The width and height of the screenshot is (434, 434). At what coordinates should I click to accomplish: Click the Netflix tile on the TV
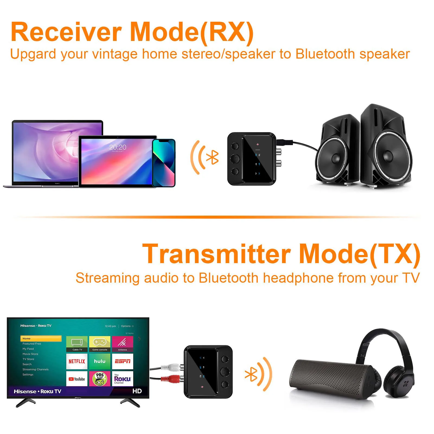(x=77, y=361)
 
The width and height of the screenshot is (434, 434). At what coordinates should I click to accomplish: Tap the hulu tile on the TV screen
(x=100, y=361)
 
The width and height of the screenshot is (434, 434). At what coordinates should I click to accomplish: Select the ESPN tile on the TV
(x=123, y=361)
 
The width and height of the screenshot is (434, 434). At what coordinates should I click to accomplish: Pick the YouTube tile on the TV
(x=77, y=379)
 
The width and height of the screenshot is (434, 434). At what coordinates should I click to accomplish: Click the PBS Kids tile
(x=100, y=379)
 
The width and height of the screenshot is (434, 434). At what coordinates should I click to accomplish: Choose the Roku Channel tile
(x=123, y=379)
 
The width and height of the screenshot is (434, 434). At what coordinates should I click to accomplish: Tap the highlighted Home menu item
(x=41, y=339)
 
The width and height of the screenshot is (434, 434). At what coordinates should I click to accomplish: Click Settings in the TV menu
(x=28, y=375)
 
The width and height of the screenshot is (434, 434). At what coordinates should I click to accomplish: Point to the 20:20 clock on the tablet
(x=118, y=147)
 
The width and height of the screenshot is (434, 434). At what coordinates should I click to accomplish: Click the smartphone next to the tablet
(x=164, y=163)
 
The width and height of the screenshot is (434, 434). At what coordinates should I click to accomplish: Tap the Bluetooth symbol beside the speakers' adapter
(x=212, y=157)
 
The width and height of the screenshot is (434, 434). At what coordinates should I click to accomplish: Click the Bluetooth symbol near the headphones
(x=251, y=375)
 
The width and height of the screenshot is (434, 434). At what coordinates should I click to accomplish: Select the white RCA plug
(x=171, y=368)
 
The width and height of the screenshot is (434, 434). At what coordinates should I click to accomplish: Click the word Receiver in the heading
(x=66, y=32)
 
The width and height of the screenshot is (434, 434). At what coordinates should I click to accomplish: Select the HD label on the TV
(x=137, y=391)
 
